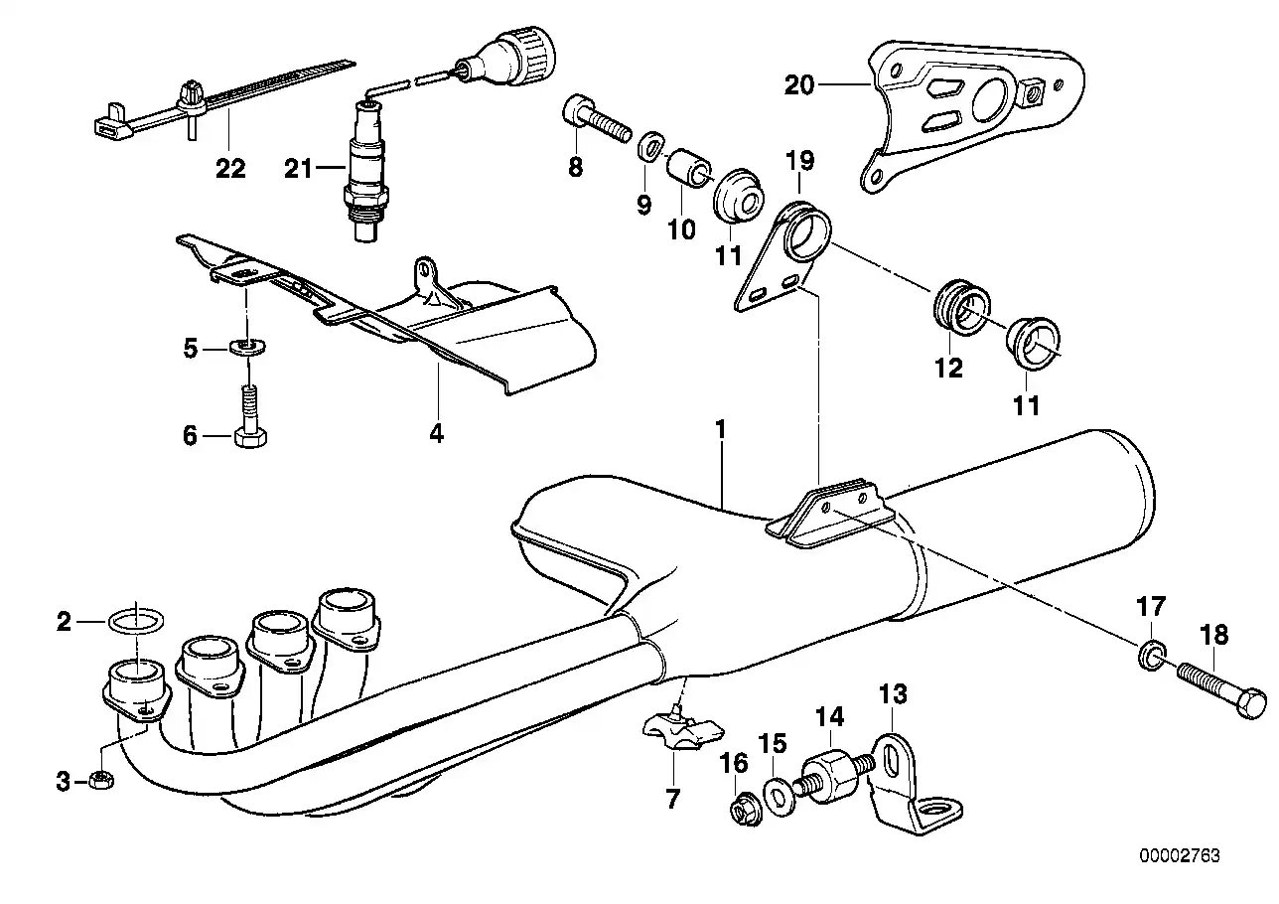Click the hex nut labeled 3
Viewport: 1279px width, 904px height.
pos(99,780)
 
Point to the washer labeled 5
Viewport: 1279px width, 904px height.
pos(244,347)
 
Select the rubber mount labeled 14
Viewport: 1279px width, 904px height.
pos(833,776)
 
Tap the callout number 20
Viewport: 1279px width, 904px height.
pos(798,85)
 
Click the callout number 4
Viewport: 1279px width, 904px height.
pos(437,433)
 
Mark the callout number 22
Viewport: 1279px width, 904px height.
pos(230,169)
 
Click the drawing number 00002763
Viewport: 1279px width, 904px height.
pos(1179,855)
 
